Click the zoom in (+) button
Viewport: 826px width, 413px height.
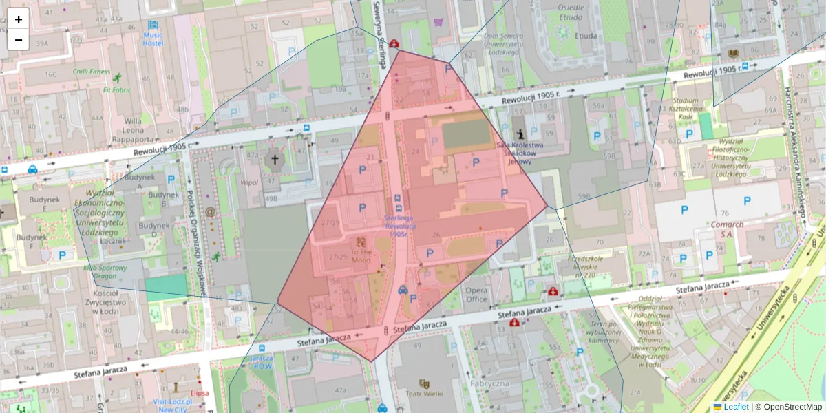19,19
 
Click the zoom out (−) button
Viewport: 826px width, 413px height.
19,40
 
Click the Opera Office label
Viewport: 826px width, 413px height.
476,295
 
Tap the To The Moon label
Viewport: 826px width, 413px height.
361,256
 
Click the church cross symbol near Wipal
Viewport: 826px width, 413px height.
275,160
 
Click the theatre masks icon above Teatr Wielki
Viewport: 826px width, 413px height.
424,382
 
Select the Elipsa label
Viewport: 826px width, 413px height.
199,394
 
